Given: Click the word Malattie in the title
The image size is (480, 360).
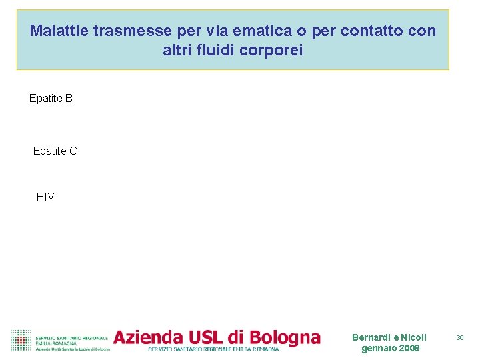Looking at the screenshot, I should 59,31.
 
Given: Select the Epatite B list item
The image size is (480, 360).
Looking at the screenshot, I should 51,99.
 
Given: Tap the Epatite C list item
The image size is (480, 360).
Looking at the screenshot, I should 55,151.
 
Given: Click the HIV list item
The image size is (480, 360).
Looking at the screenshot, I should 45,197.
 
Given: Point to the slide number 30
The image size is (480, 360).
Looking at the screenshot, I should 459,338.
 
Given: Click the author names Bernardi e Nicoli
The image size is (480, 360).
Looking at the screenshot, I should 389,337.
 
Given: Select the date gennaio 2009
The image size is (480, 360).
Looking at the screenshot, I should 390,348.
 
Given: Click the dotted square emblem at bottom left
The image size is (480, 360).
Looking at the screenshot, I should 21,340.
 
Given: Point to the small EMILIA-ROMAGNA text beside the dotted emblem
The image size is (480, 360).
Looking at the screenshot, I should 56,343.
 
